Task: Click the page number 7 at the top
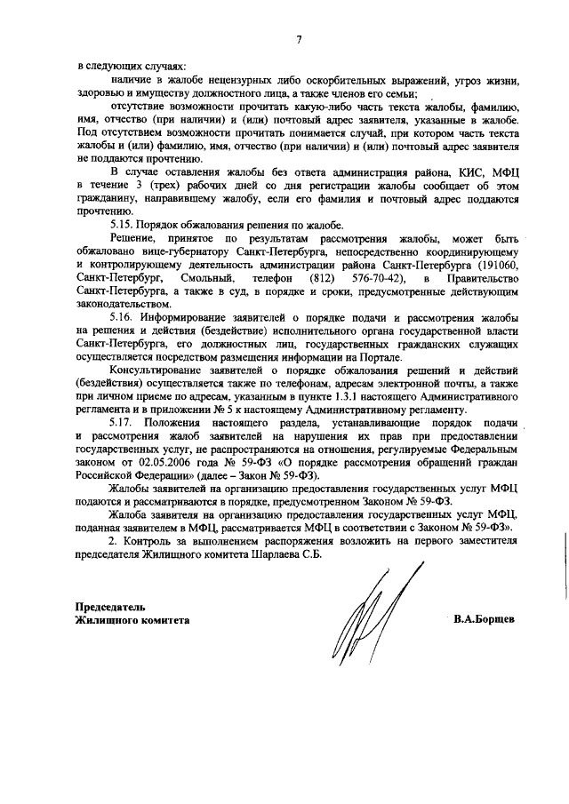(300, 39)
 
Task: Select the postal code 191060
(511, 266)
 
